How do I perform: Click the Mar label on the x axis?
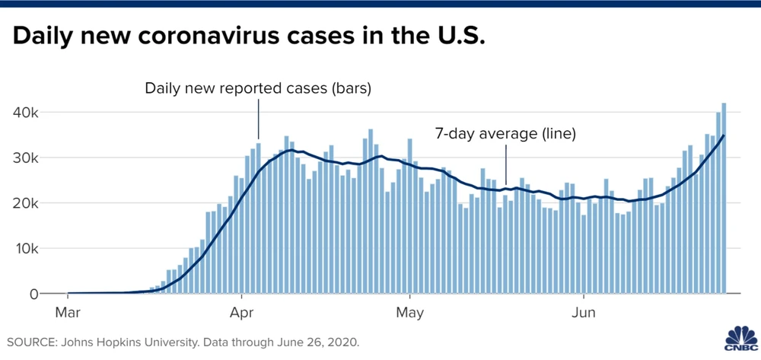point(68,312)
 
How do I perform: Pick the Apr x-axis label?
point(241,312)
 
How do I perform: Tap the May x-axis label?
point(410,312)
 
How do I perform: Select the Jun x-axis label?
point(584,312)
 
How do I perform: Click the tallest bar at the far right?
point(724,198)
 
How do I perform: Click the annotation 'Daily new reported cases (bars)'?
point(258,89)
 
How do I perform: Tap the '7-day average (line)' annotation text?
point(505,134)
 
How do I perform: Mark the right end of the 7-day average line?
point(724,135)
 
